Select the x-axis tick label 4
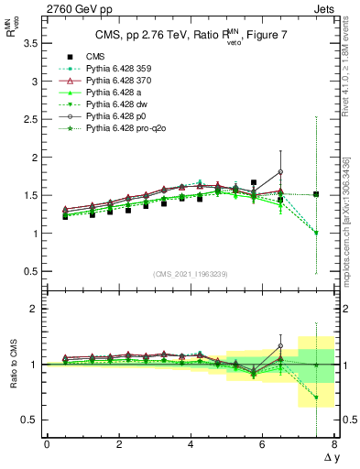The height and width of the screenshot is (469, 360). [191, 445]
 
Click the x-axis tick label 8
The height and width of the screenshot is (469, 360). [334, 445]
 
